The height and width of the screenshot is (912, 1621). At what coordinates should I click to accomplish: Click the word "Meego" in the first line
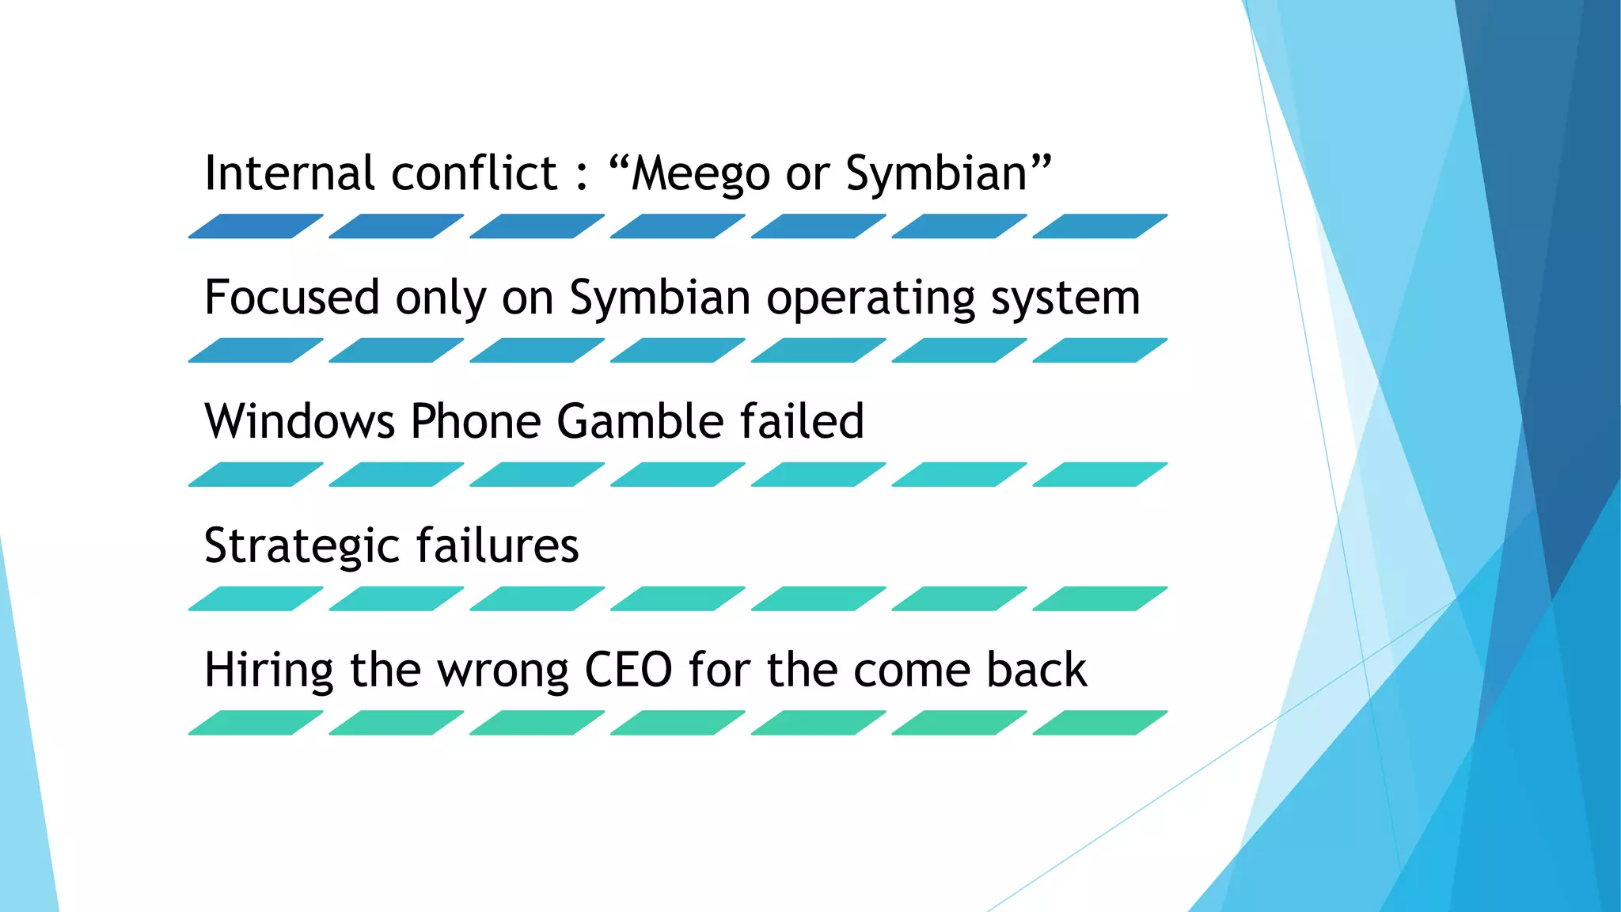pos(700,174)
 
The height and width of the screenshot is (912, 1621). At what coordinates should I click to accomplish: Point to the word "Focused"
pos(292,298)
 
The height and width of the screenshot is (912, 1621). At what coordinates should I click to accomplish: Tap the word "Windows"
pos(299,421)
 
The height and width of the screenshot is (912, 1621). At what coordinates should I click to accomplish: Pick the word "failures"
pos(498,545)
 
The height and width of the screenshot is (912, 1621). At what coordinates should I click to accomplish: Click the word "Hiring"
pos(268,671)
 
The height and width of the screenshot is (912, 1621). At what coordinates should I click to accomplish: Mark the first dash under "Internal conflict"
pos(256,226)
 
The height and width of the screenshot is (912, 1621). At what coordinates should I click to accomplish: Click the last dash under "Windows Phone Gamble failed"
pos(1100,474)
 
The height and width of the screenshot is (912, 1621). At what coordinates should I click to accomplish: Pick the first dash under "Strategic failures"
pos(256,598)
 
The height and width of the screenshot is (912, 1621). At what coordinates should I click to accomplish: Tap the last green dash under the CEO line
pos(1100,723)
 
